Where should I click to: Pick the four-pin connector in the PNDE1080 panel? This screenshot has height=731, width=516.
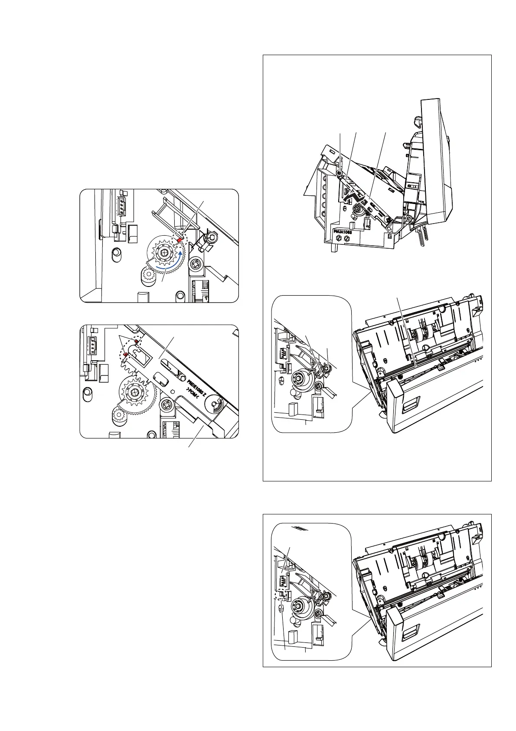(x=92, y=346)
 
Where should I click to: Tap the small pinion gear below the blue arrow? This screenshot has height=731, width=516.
(x=149, y=274)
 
